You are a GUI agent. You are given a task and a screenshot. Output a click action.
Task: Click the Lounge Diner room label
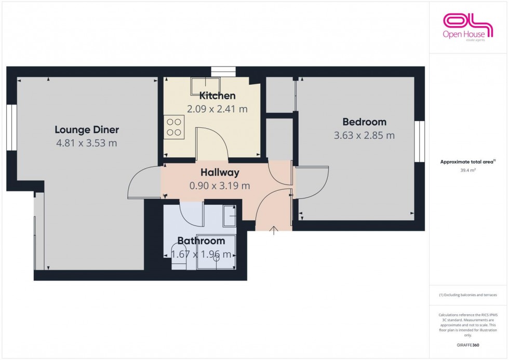pyautogui.click(x=87, y=130)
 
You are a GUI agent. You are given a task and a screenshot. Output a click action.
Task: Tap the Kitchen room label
pyautogui.click(x=218, y=96)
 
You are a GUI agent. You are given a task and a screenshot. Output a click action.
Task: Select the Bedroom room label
pyautogui.click(x=364, y=122)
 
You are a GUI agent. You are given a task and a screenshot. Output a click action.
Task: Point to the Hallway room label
pyautogui.click(x=220, y=172)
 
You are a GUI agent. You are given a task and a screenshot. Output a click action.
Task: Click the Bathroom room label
pyautogui.click(x=201, y=241)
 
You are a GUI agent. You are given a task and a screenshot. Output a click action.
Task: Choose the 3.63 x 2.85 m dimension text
pyautogui.click(x=364, y=136)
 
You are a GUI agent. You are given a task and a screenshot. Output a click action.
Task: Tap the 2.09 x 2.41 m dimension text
pyautogui.click(x=217, y=109)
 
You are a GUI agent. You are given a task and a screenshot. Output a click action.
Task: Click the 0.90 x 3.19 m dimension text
pyautogui.click(x=220, y=185)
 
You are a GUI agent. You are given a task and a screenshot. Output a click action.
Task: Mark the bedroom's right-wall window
pyautogui.click(x=419, y=141)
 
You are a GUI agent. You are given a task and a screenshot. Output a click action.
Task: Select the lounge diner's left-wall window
pyautogui.click(x=12, y=127)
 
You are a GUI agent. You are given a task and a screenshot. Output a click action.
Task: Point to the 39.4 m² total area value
pyautogui.click(x=468, y=169)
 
